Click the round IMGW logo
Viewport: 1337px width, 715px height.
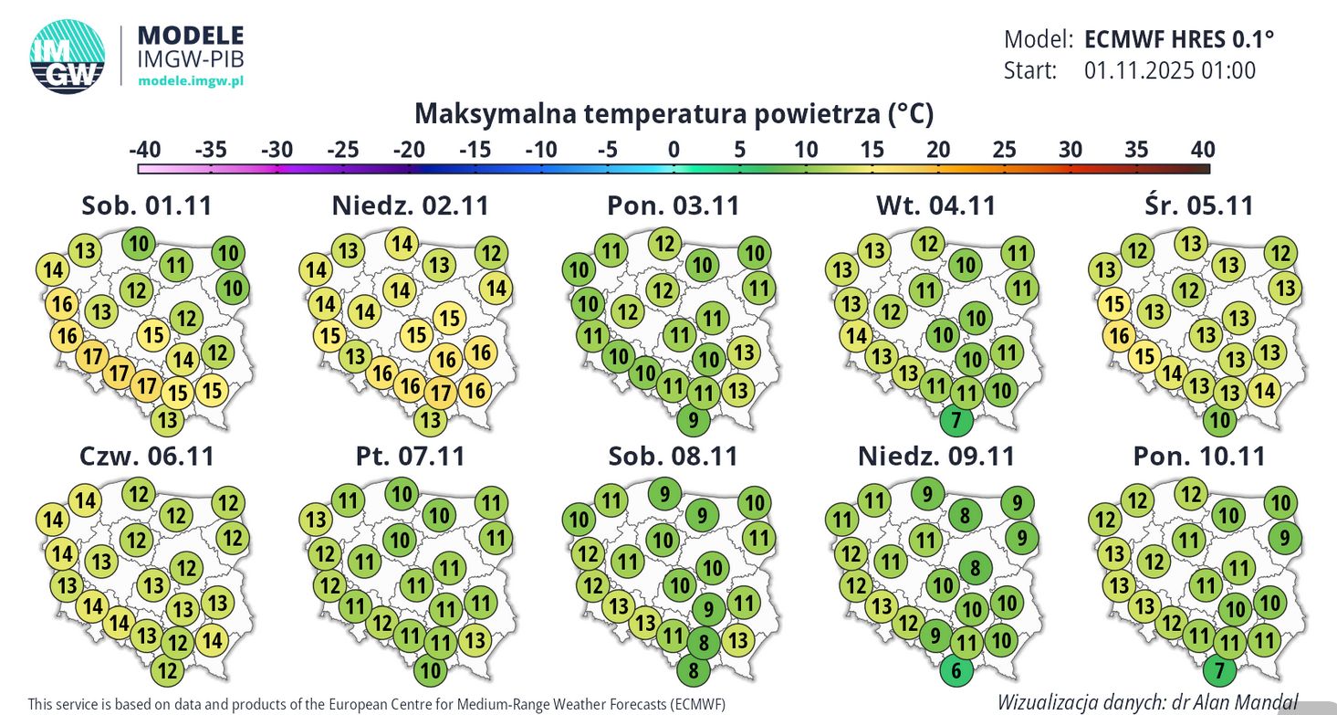pyautogui.click(x=67, y=56)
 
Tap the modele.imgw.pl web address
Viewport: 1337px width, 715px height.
pyautogui.click(x=190, y=81)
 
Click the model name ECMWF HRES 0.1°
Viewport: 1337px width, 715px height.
pyautogui.click(x=1178, y=39)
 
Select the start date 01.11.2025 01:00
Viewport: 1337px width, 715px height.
pyautogui.click(x=1170, y=70)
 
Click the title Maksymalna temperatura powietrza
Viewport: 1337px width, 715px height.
pyautogui.click(x=674, y=114)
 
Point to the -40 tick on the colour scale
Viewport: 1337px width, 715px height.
pyautogui.click(x=145, y=149)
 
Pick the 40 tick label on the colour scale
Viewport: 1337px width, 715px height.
pyautogui.click(x=1202, y=149)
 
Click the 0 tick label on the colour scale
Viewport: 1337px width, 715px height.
pyautogui.click(x=674, y=149)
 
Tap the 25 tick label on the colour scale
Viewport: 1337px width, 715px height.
pyautogui.click(x=1004, y=149)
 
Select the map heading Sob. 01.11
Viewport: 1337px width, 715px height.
pyautogui.click(x=146, y=205)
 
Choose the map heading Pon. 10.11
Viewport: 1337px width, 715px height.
pyautogui.click(x=1199, y=456)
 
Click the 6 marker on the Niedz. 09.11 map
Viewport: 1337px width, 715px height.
pyautogui.click(x=956, y=671)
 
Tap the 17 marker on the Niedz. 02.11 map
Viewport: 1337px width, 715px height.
pyautogui.click(x=441, y=393)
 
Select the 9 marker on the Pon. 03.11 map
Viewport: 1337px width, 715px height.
pyautogui.click(x=694, y=421)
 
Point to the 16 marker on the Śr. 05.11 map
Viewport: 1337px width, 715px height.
pyautogui.click(x=1119, y=337)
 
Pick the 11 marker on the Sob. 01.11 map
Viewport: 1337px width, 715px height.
pyautogui.click(x=177, y=267)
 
